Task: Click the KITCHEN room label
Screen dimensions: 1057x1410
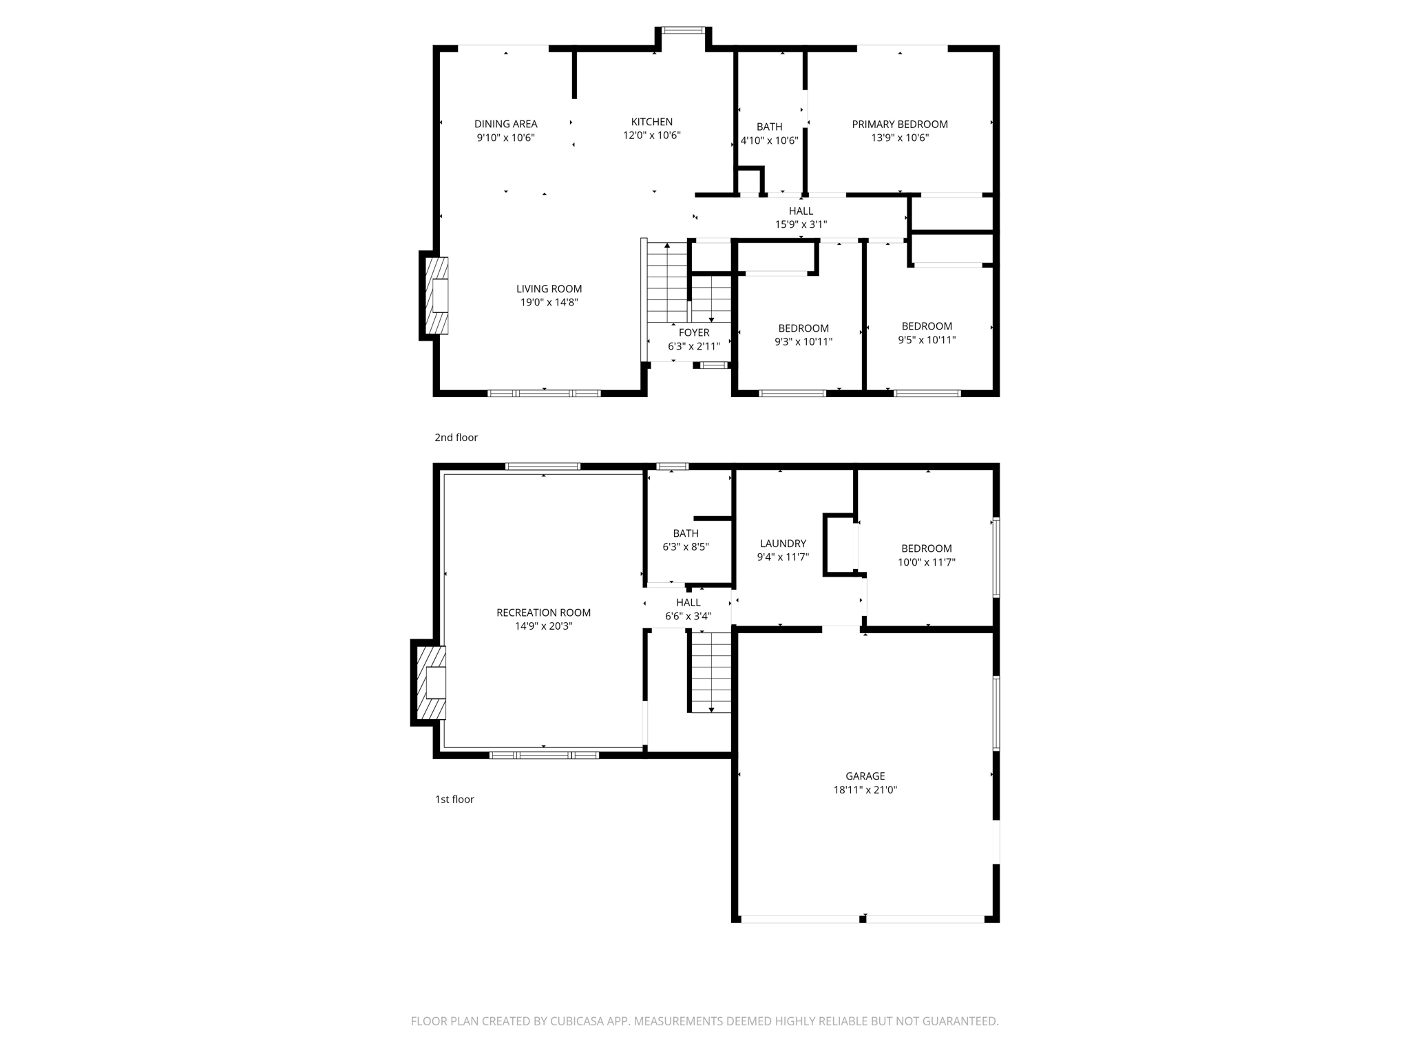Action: pos(652,122)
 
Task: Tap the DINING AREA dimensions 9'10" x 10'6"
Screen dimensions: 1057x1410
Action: pos(505,138)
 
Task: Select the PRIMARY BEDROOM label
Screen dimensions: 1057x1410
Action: pos(900,125)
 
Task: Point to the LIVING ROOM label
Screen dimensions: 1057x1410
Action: pos(549,289)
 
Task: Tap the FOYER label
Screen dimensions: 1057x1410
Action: pos(693,333)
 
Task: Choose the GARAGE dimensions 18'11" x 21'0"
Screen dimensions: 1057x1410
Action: pos(865,790)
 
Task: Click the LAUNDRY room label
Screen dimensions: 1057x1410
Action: pos(783,544)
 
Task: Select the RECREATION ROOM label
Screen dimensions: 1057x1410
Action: pos(543,612)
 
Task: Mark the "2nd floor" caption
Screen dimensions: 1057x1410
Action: pos(456,438)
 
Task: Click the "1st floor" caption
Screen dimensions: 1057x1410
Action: pos(454,800)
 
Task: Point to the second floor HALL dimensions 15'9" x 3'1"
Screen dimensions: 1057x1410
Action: pos(801,224)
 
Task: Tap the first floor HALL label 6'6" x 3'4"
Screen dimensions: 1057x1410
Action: pos(688,610)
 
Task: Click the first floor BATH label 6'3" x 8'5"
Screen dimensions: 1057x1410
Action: pos(686,540)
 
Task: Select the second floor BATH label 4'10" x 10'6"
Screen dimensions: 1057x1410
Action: pos(769,134)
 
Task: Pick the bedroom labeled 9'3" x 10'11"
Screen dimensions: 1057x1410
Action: pos(803,335)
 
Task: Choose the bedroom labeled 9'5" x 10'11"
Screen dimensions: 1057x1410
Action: pos(927,333)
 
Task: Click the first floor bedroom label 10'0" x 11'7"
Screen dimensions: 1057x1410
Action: pos(926,555)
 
